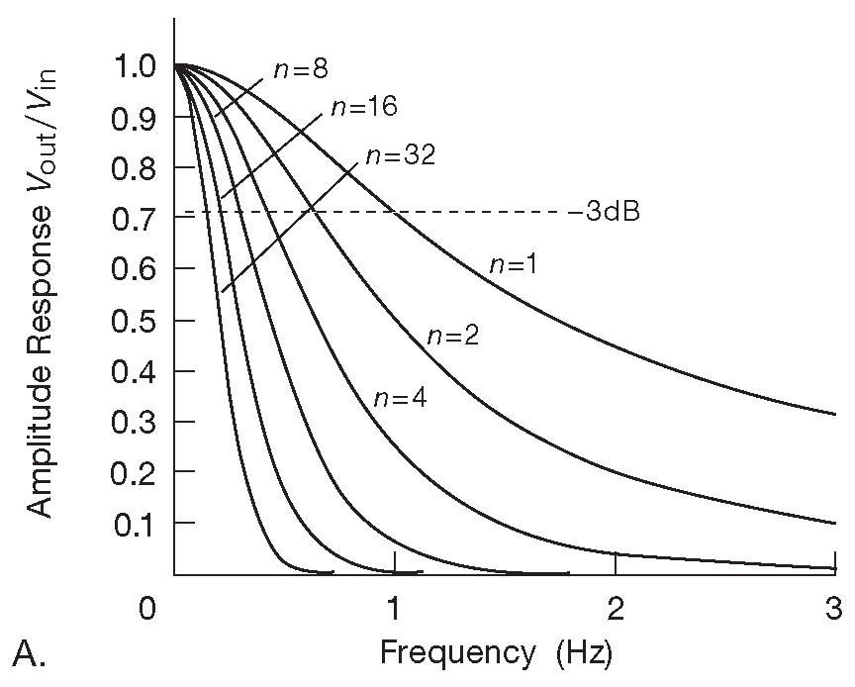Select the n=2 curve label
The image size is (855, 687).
click(453, 336)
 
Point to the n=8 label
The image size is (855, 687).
click(301, 69)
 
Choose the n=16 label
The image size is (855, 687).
click(363, 107)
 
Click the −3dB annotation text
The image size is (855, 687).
click(604, 213)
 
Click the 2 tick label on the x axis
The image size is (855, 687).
click(615, 607)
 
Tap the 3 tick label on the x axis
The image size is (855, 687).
click(832, 607)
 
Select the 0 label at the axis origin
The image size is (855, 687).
click(147, 607)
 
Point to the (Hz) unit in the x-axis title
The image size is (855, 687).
click(584, 653)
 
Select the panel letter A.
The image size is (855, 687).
click(30, 652)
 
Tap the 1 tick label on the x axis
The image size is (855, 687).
click(395, 607)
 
